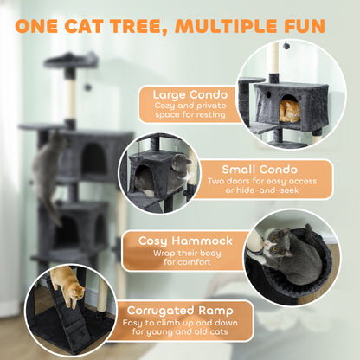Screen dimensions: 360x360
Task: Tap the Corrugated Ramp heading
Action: click(x=177, y=311)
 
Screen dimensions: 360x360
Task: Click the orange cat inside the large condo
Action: click(x=292, y=111)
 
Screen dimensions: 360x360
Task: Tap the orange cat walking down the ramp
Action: click(x=64, y=281)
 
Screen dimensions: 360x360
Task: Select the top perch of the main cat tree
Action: click(x=71, y=58)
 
